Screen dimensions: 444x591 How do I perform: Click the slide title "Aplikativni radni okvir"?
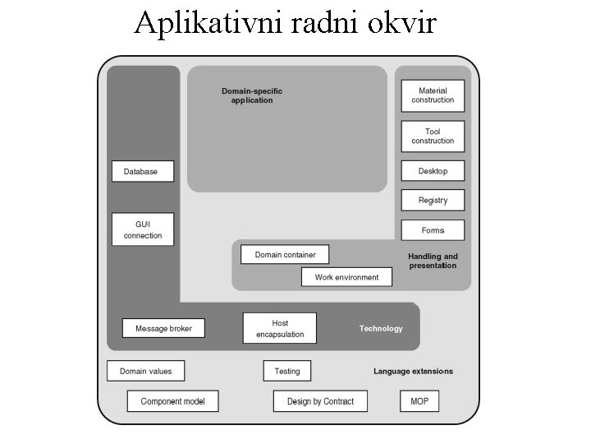(x=286, y=23)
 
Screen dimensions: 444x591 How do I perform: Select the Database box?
(x=143, y=172)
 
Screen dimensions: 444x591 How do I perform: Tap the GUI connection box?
(x=143, y=229)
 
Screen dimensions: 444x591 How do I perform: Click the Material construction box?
(x=433, y=95)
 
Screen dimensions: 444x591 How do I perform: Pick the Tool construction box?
(x=433, y=136)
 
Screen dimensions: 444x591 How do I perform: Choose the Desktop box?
(x=433, y=171)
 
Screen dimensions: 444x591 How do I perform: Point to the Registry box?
(x=433, y=200)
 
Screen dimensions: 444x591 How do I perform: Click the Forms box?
(x=433, y=230)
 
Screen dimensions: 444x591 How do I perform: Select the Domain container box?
(x=285, y=255)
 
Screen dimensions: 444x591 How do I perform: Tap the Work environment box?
(x=346, y=277)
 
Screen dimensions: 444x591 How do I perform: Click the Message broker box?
(x=163, y=328)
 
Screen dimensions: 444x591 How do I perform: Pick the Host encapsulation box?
(x=280, y=328)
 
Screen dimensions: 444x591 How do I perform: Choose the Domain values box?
(x=146, y=371)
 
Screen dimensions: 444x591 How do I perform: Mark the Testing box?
(x=287, y=371)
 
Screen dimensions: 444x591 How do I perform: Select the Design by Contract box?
(x=320, y=401)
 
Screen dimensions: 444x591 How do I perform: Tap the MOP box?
(x=419, y=401)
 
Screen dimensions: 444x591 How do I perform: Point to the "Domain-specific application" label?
(x=252, y=95)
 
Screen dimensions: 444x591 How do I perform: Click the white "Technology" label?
(x=381, y=329)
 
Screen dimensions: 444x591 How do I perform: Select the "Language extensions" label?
(x=413, y=372)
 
